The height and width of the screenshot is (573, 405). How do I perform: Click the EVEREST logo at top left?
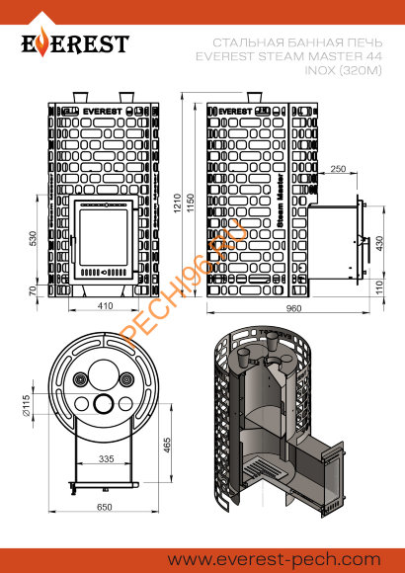pos(75,44)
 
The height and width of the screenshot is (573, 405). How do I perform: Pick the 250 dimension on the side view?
pos(338,170)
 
